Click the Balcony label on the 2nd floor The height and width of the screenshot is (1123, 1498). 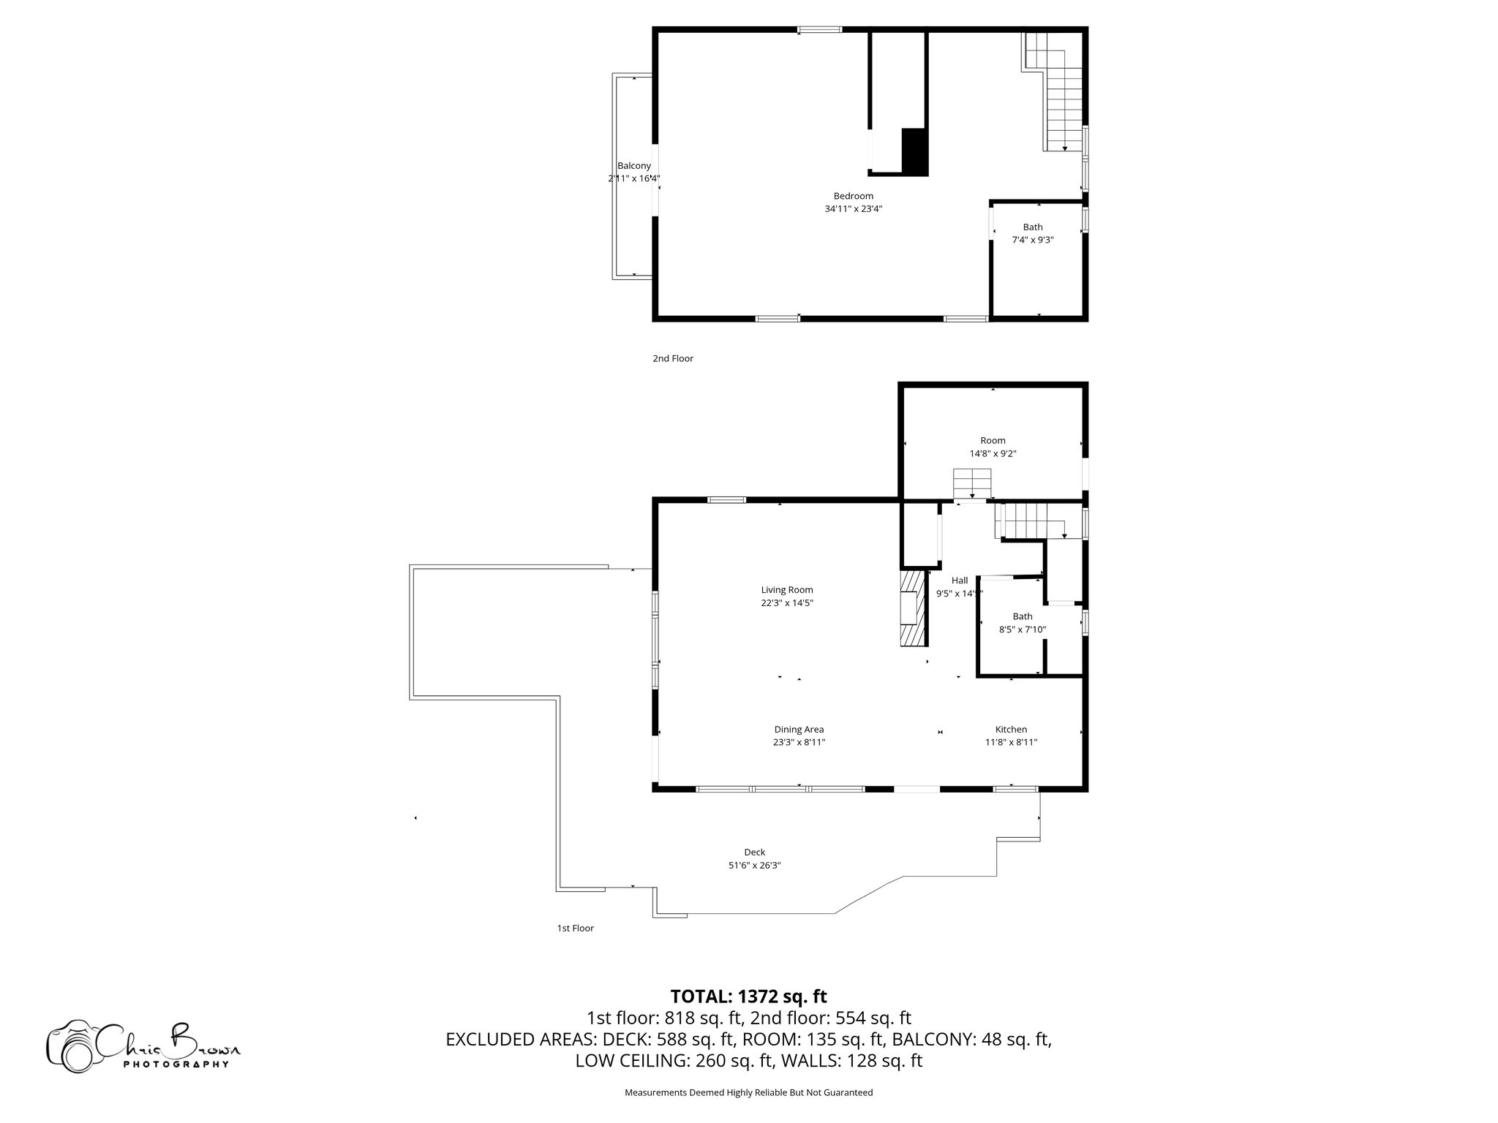tap(633, 166)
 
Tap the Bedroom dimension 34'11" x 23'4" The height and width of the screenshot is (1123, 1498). tap(853, 209)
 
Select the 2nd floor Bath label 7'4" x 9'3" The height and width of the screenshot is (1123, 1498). tap(1033, 233)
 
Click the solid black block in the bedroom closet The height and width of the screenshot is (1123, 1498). tap(914, 151)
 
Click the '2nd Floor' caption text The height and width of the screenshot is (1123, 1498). tap(673, 358)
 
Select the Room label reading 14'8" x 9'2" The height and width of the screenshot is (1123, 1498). tap(993, 447)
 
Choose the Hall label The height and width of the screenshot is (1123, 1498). tap(960, 581)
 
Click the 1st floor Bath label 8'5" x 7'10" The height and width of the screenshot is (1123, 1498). tap(1023, 623)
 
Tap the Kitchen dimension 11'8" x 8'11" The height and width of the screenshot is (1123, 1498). tap(1011, 742)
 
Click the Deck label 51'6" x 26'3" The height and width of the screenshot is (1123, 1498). tap(754, 858)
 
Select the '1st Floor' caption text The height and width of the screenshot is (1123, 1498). tap(575, 929)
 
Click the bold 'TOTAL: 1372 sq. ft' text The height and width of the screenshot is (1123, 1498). tap(748, 996)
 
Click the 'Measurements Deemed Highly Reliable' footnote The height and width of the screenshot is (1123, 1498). tap(748, 1092)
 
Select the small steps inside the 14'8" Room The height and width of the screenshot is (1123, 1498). tap(971, 483)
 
